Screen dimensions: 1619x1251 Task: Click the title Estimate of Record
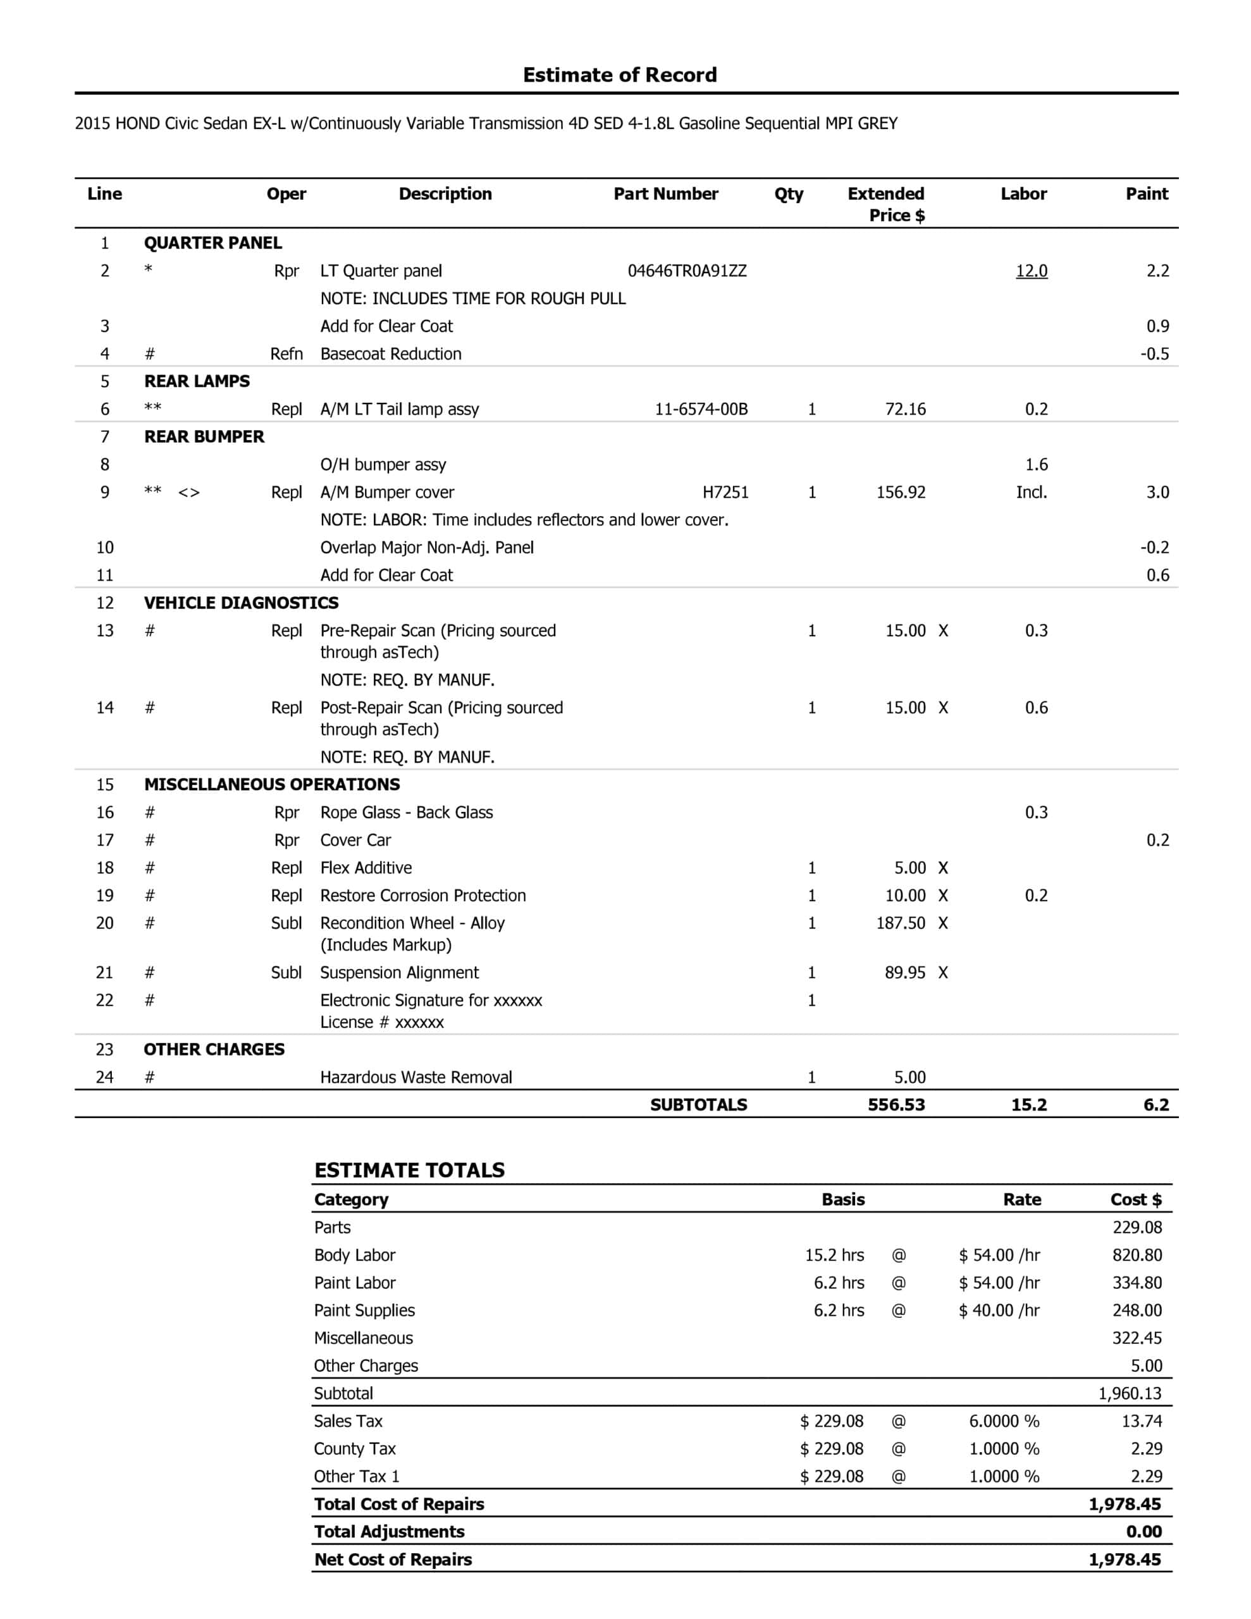(619, 75)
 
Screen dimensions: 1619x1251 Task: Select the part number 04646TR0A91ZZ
(687, 271)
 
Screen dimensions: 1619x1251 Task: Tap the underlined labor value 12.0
(1031, 271)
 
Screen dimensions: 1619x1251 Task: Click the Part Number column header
(665, 194)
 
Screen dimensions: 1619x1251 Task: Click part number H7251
(725, 492)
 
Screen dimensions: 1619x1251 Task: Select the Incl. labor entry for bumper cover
(1031, 492)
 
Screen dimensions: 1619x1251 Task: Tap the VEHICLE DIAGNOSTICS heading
(241, 603)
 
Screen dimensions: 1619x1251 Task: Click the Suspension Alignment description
(399, 973)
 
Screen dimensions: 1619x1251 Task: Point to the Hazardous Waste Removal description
(416, 1077)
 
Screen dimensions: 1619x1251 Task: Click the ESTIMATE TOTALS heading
(409, 1170)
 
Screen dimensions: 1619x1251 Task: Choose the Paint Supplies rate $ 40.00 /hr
(999, 1310)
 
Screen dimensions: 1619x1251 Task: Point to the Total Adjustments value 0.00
(1143, 1532)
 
